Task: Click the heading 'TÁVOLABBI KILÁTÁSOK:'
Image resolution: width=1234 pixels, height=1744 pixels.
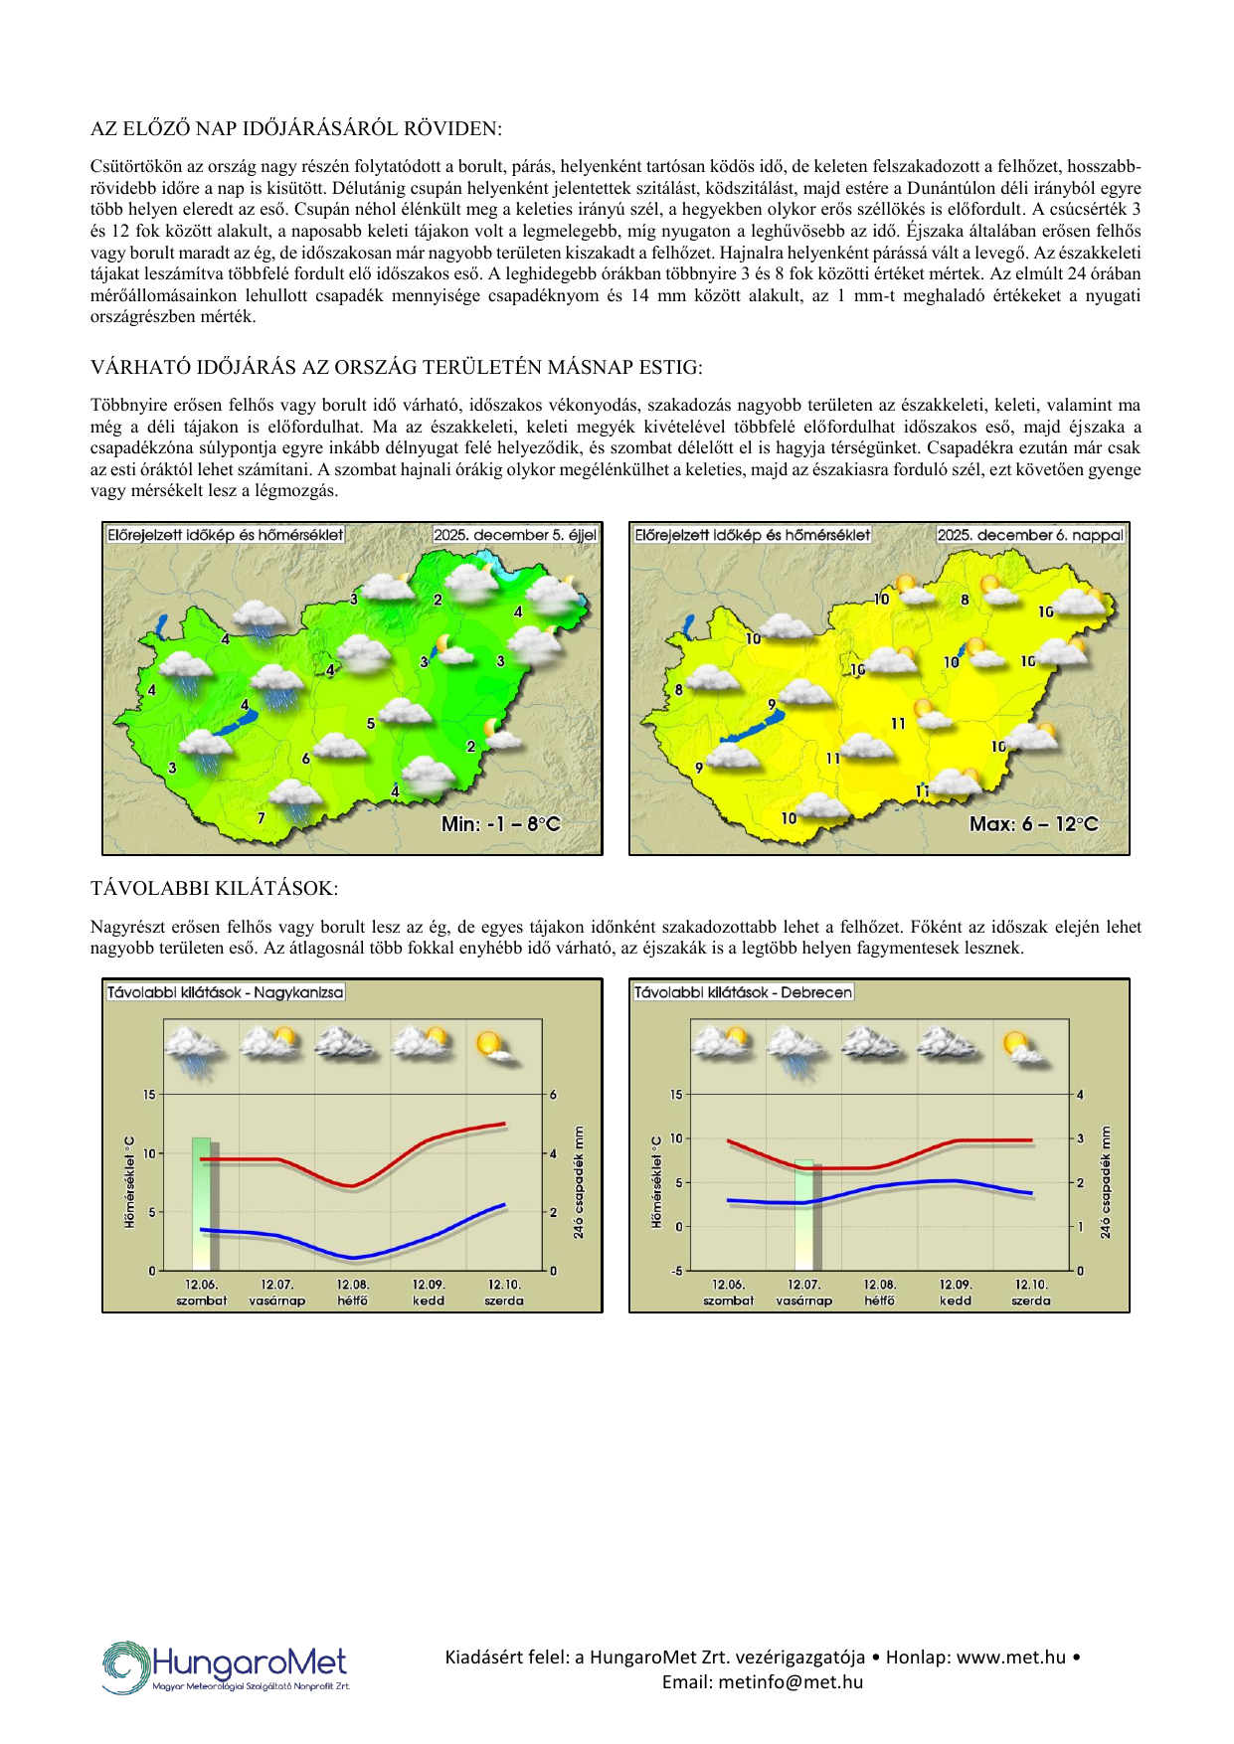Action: [214, 888]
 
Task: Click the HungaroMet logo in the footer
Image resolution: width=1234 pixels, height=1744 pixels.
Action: [226, 1666]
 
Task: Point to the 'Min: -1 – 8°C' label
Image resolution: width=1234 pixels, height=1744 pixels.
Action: [501, 824]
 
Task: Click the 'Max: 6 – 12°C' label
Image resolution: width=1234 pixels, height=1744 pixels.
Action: [1034, 824]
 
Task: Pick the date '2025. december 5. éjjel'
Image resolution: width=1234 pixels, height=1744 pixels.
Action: [515, 535]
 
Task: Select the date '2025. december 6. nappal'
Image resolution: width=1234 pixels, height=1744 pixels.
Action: [1030, 535]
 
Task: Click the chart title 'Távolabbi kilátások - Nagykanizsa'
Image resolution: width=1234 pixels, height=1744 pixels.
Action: [225, 992]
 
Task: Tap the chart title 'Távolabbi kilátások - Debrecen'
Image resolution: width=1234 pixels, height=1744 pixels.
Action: [743, 992]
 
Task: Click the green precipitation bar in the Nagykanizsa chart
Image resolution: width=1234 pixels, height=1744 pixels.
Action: [202, 1203]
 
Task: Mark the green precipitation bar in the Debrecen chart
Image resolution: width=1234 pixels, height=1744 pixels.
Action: [803, 1214]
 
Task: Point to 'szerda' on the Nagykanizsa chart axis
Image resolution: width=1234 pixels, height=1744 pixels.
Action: [504, 1301]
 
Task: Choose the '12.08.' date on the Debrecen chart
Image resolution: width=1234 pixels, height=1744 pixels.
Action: [879, 1285]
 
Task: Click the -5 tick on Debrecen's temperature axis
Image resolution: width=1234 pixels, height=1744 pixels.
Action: [676, 1271]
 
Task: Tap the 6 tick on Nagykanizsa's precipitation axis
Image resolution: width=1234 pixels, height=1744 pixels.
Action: [554, 1095]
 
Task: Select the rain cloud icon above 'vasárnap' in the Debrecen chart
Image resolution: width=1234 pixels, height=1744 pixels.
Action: [795, 1052]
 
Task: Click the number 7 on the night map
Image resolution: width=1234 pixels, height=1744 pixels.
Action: [262, 818]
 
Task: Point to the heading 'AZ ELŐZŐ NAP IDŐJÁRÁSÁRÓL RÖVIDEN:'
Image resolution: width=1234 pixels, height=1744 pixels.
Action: [296, 128]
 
